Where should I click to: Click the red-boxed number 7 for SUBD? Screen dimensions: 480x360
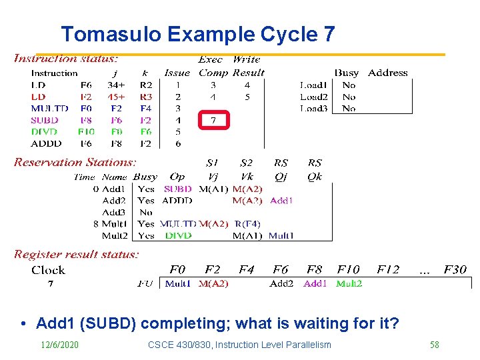point(213,121)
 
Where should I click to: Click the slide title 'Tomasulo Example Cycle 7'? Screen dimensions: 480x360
point(197,34)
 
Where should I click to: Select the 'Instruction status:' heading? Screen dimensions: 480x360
point(66,59)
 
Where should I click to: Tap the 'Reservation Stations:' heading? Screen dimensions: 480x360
point(75,162)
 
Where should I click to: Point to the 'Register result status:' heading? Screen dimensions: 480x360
point(77,254)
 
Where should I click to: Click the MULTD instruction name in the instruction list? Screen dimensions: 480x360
point(49,109)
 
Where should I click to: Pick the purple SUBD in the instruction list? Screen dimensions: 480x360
point(44,121)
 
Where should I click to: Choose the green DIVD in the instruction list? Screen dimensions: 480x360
point(44,132)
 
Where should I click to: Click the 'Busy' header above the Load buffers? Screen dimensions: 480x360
point(346,73)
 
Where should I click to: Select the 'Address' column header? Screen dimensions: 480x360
point(387,73)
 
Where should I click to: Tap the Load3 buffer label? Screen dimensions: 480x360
point(313,108)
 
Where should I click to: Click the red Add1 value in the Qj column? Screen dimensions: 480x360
point(281,201)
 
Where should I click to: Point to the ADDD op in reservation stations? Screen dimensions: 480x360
point(177,201)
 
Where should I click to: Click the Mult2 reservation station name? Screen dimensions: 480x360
point(115,235)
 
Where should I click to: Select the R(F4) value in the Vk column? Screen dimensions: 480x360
point(247,224)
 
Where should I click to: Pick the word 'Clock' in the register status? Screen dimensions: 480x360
point(48,270)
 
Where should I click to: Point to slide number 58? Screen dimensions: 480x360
point(434,345)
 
